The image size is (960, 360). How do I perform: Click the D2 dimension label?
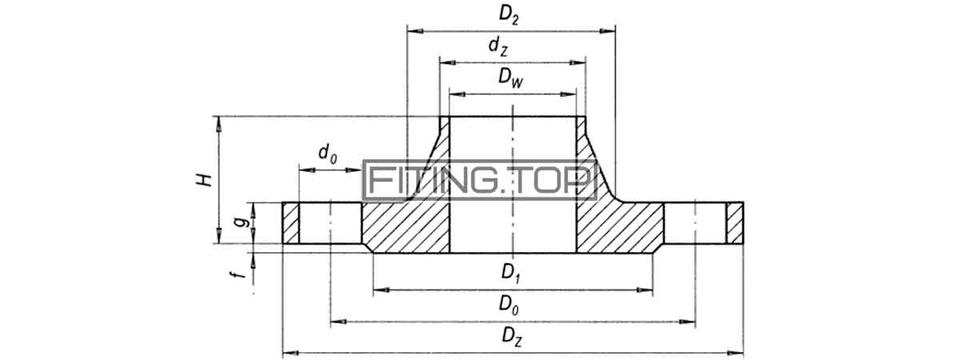pyautogui.click(x=509, y=15)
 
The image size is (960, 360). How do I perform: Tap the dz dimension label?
pyautogui.click(x=498, y=46)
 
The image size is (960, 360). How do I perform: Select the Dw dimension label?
pyautogui.click(x=511, y=78)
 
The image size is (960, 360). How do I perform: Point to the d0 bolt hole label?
pyautogui.click(x=328, y=154)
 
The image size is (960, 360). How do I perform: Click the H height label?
pyautogui.click(x=205, y=180)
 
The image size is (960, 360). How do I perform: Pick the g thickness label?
pyautogui.click(x=242, y=222)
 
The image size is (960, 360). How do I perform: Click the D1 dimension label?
pyautogui.click(x=511, y=273)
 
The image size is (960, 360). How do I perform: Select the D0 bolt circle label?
pyautogui.click(x=509, y=305)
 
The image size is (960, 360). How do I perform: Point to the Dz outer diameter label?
pyautogui.click(x=512, y=337)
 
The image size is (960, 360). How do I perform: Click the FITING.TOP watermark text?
pyautogui.click(x=479, y=181)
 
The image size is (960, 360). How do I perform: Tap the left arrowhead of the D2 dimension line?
pyautogui.click(x=415, y=31)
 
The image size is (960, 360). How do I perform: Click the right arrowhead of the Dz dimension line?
pyautogui.click(x=735, y=353)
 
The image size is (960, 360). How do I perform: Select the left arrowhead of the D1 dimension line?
pyautogui.click(x=382, y=290)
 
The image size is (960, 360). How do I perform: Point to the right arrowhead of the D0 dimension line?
pyautogui.click(x=687, y=322)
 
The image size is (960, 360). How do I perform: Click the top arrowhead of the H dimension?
pyautogui.click(x=218, y=124)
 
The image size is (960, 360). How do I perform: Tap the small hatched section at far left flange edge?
pyautogui.click(x=290, y=223)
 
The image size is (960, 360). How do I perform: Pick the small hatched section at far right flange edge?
pyautogui.click(x=734, y=223)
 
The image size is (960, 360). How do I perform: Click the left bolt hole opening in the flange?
pyautogui.click(x=330, y=223)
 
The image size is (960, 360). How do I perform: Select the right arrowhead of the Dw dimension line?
pyautogui.click(x=569, y=94)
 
